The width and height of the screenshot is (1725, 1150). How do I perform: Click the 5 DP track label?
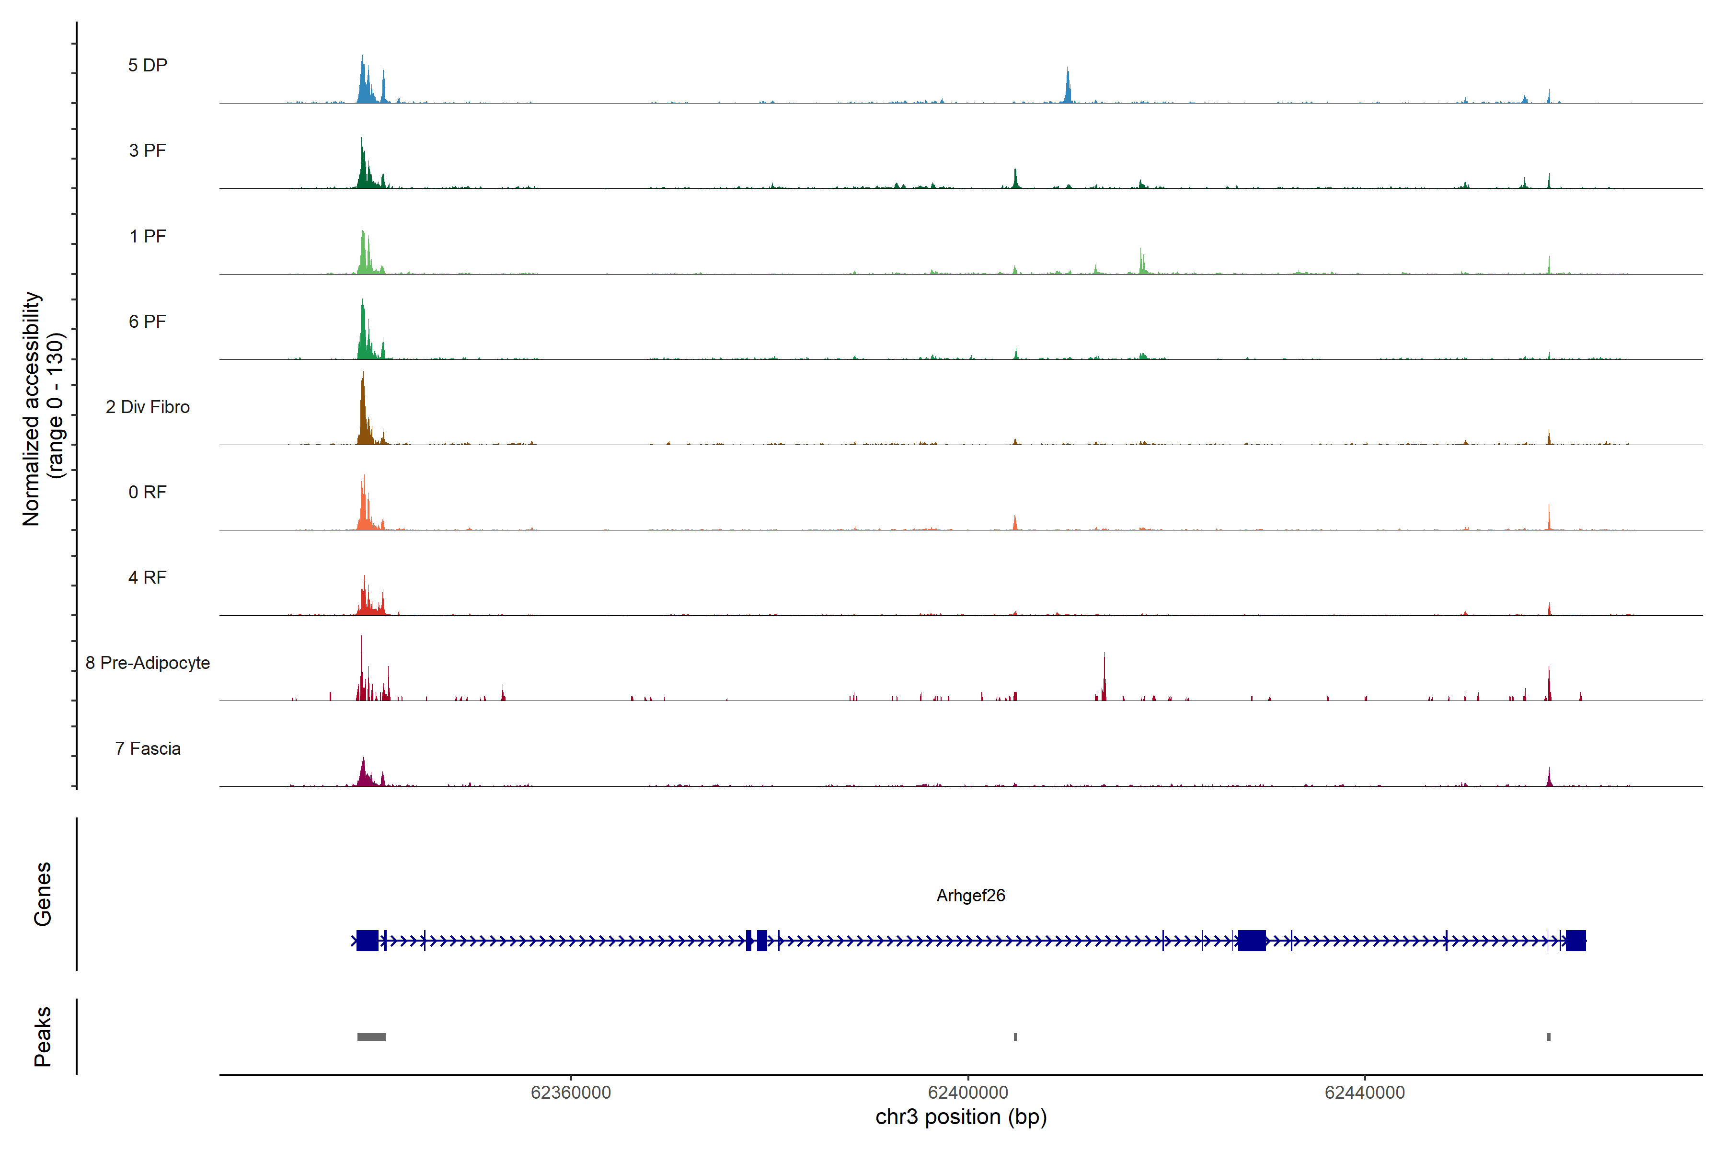[x=148, y=65]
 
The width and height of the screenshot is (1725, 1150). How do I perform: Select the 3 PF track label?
[x=148, y=150]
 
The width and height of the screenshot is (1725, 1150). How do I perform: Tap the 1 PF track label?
[x=148, y=236]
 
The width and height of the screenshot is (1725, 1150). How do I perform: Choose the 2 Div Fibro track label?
[x=148, y=407]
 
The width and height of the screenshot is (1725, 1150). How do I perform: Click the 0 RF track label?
[x=148, y=492]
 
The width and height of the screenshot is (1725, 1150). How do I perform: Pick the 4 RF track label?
[x=148, y=577]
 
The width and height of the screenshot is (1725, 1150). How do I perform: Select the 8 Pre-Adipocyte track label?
[x=148, y=663]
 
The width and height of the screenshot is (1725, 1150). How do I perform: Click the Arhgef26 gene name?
[x=970, y=896]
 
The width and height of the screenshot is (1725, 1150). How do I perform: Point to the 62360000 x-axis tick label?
[x=571, y=1093]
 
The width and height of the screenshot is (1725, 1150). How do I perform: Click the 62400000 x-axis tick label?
[x=967, y=1093]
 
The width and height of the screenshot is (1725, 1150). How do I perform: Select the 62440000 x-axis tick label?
[x=1364, y=1093]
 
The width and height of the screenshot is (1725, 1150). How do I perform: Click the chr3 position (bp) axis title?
[x=961, y=1117]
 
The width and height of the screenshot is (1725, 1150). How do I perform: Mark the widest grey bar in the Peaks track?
[x=371, y=1037]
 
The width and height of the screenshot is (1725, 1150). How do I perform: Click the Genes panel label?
[x=43, y=894]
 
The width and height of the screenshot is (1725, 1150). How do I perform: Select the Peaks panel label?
[x=43, y=1036]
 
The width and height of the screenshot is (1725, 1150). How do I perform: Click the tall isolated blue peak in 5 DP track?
[x=1068, y=87]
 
